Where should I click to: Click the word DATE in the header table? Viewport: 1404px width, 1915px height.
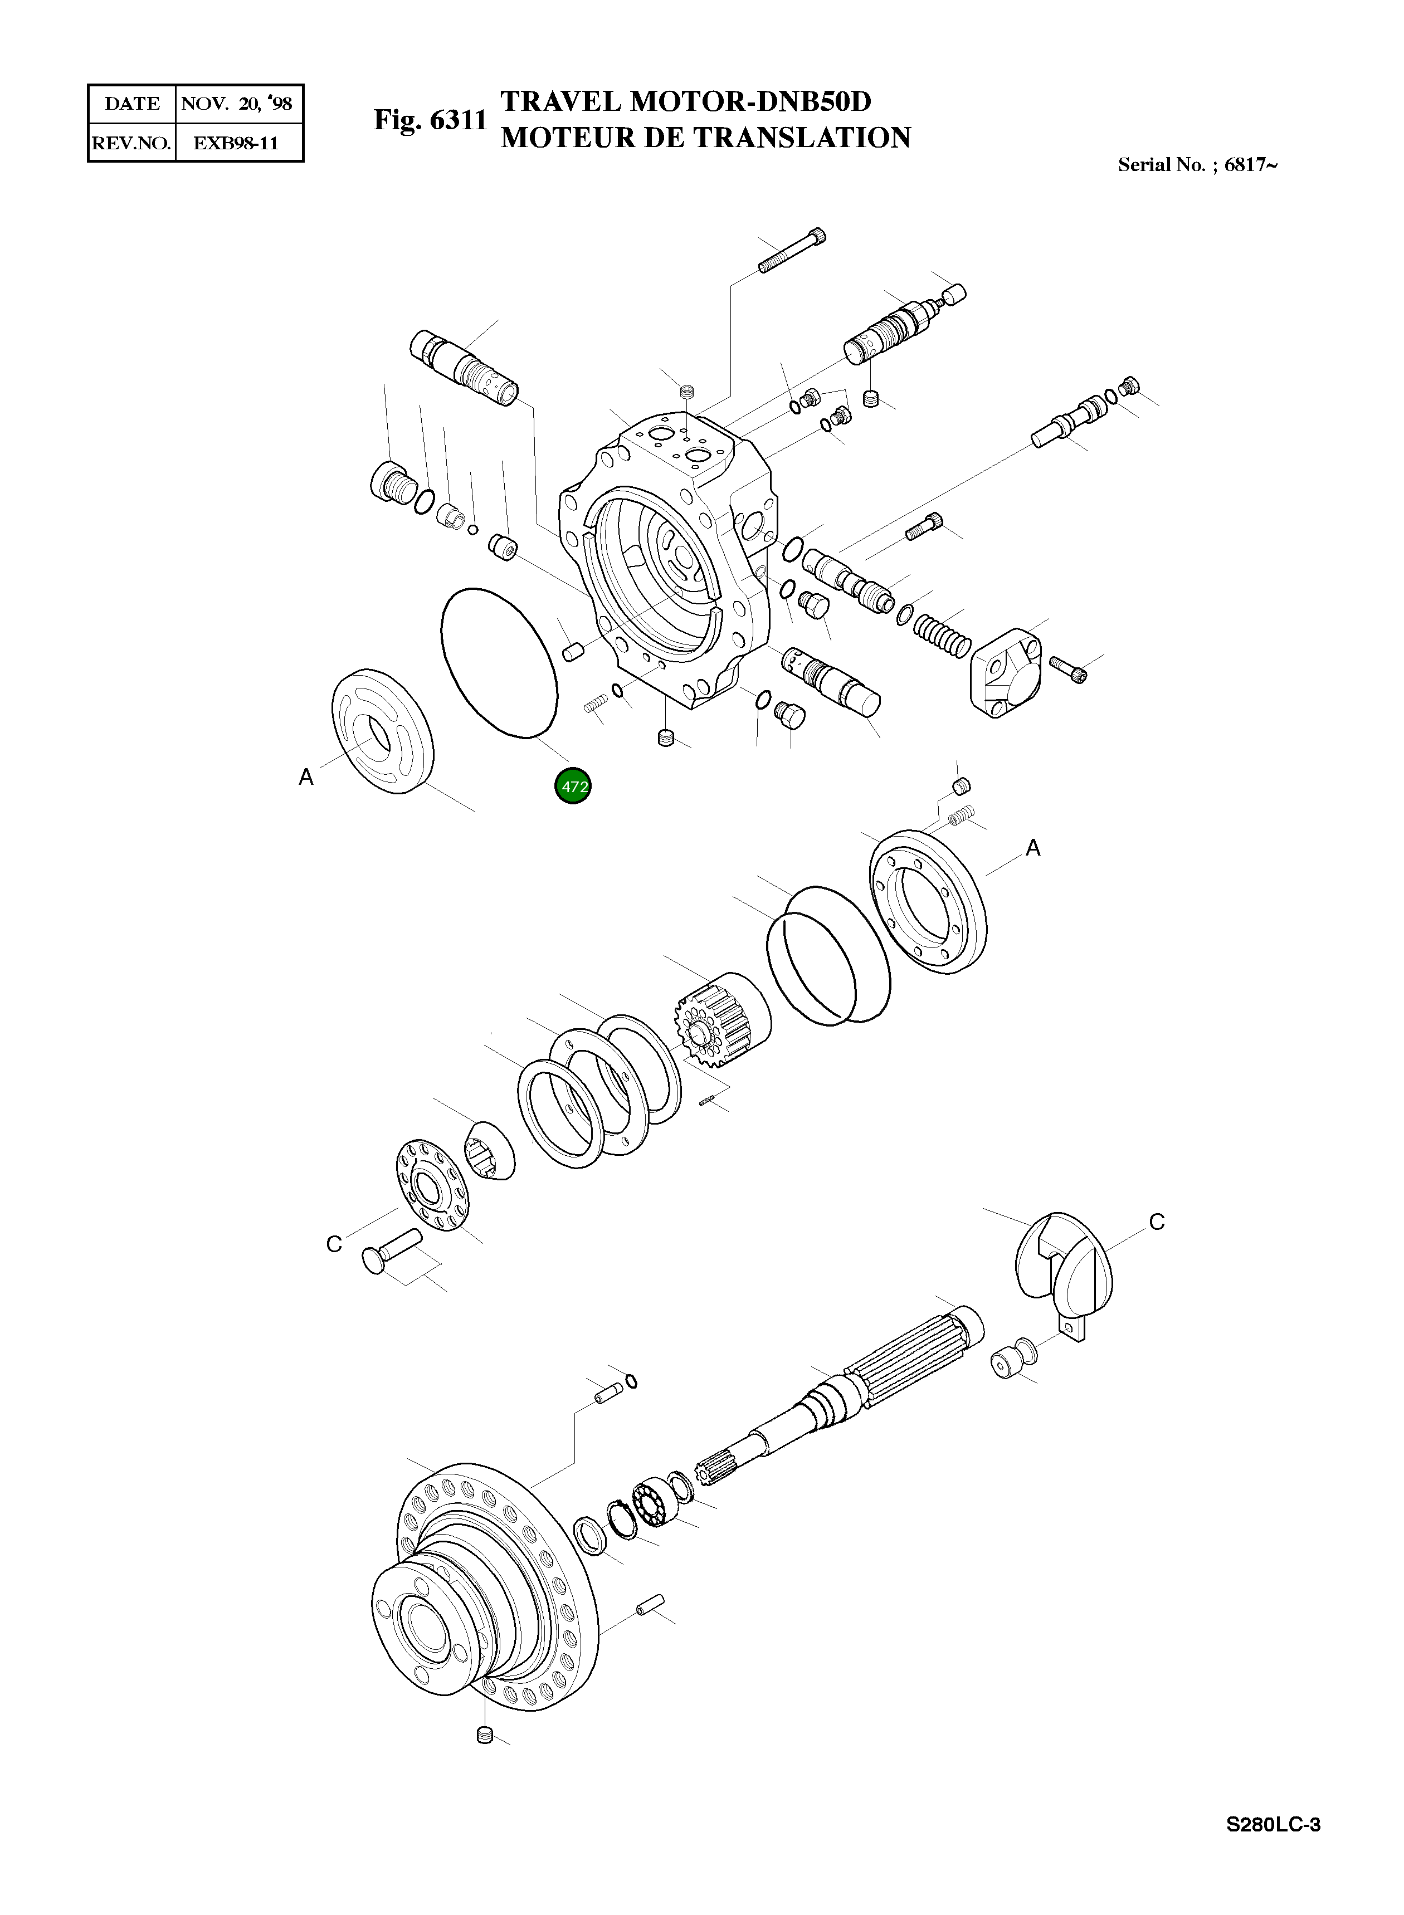tap(131, 104)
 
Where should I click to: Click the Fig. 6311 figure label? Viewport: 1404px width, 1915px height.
tap(430, 120)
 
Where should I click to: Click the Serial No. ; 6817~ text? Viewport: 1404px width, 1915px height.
tap(1197, 165)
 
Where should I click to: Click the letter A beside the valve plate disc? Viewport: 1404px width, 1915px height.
tap(306, 776)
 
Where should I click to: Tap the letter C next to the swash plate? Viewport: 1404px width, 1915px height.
tap(1156, 1222)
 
